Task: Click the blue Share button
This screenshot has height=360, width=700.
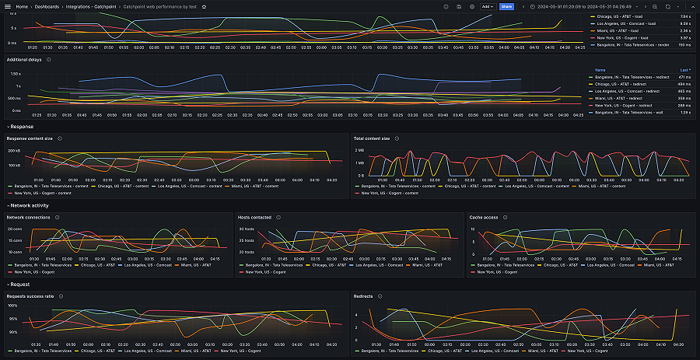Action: point(506,6)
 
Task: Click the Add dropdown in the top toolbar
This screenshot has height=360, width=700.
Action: point(488,6)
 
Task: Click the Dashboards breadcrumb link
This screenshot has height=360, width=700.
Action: point(51,6)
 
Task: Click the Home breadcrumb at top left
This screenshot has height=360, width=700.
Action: point(23,6)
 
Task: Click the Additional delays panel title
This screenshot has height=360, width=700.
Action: point(25,59)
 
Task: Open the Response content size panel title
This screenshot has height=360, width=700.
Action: point(30,138)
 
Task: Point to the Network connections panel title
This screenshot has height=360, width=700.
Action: point(28,217)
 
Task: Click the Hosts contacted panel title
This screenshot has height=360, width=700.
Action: point(254,217)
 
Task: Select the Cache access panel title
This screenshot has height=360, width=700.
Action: point(484,217)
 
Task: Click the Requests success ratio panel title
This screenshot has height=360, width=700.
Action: point(30,296)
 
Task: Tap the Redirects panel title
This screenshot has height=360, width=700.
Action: point(363,296)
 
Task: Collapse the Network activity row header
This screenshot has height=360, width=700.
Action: point(29,205)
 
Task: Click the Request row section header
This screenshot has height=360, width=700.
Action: point(19,285)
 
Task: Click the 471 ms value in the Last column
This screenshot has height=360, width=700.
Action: point(684,78)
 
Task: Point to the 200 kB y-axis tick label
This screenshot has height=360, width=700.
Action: point(13,150)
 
